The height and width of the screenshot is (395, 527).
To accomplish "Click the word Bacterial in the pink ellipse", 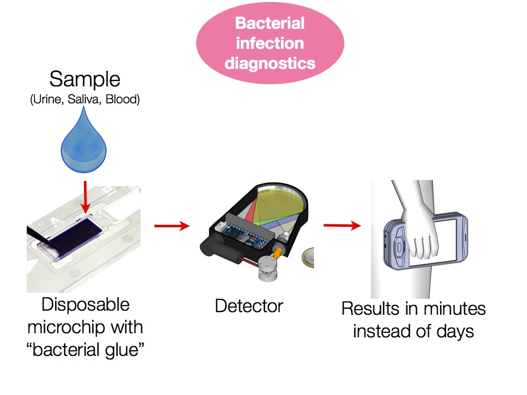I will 270,23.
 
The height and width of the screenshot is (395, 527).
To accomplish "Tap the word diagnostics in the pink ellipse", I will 270,63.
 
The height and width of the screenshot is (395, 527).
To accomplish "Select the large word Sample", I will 85,80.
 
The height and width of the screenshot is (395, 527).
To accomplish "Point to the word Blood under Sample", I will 122,99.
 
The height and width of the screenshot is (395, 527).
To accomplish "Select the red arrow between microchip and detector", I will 171,226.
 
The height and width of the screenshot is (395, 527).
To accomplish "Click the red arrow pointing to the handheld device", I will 342,225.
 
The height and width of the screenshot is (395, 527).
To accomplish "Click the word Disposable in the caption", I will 85,304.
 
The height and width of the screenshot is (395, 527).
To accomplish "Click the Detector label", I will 249,306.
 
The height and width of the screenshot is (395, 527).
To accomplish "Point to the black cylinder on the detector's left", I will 212,249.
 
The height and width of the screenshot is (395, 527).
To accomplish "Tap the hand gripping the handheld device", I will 421,231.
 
